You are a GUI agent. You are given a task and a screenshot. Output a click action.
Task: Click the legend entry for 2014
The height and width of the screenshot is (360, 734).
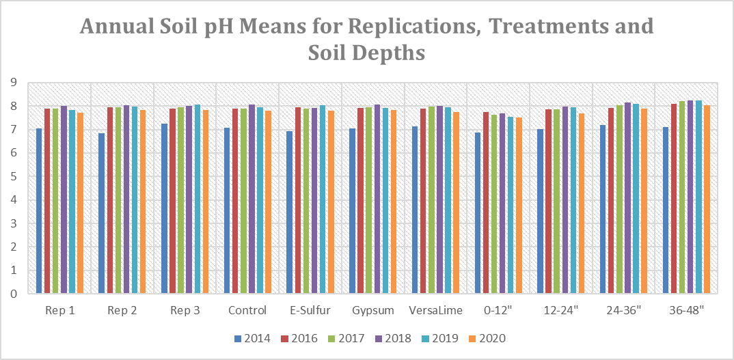point(251,338)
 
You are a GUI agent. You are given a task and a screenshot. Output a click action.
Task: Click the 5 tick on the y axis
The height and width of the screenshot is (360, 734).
point(13,177)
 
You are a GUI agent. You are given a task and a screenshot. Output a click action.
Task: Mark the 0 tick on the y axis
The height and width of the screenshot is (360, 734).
point(13,294)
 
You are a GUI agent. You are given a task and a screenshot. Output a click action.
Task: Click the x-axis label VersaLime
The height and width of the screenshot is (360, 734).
point(435,311)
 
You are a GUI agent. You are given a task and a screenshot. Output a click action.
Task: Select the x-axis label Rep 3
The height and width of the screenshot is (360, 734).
point(185,311)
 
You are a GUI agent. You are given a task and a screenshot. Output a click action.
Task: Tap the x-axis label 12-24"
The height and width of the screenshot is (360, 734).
point(560,311)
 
